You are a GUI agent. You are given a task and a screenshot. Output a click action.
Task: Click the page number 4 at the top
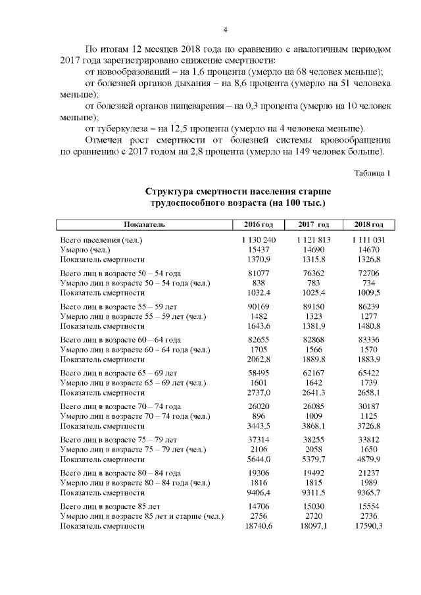(225, 30)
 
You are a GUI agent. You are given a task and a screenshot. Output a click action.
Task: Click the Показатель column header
(143, 225)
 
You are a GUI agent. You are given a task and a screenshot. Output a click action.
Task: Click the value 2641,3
(313, 392)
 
